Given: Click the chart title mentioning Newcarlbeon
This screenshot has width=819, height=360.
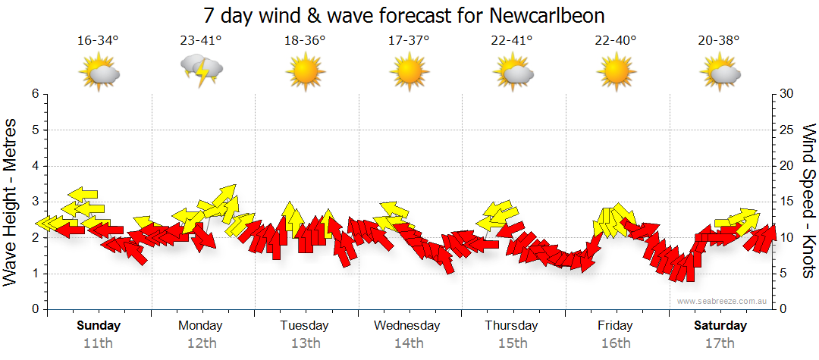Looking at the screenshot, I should coord(405,16).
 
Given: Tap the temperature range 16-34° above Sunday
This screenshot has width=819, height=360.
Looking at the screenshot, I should coord(99,40).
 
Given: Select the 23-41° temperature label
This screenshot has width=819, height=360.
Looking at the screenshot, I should coord(201,40).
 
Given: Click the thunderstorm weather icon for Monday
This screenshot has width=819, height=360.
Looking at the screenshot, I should coord(201,72).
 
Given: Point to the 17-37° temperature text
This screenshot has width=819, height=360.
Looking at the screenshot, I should coord(409,40).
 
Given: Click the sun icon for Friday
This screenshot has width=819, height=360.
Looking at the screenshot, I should coord(616,72).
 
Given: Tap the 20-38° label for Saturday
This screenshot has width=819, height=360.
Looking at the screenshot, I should coord(719,40).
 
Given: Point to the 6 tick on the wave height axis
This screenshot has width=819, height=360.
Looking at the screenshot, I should coord(34,94).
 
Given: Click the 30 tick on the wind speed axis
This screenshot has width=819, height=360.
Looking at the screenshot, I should coord(787,94).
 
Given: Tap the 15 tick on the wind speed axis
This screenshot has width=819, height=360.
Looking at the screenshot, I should coord(787,202).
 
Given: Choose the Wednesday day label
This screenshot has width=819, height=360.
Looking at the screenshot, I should coord(407,326).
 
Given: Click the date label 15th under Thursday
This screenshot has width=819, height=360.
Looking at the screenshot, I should coord(512,343).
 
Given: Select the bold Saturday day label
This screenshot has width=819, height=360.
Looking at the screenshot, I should coord(720,326).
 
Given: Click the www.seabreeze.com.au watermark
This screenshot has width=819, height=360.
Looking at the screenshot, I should coord(723,301).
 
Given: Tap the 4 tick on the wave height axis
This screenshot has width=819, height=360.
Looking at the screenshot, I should coord(34,166).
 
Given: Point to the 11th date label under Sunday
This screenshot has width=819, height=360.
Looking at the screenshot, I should coord(99,343).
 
